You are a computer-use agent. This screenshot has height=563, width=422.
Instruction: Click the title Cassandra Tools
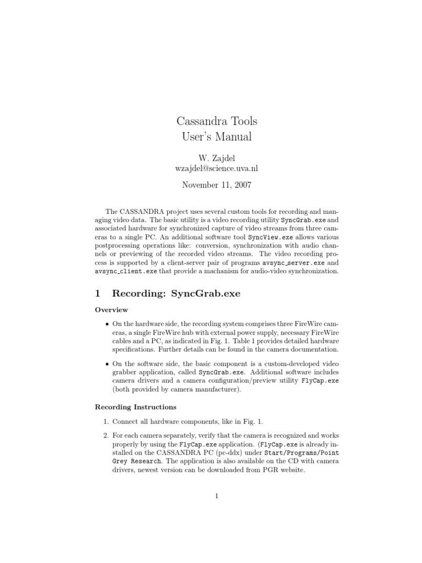[x=216, y=120]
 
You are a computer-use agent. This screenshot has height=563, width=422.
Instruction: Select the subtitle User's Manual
[x=216, y=137]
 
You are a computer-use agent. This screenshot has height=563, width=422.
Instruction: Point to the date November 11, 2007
[x=216, y=185]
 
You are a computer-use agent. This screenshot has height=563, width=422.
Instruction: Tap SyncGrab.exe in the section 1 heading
[x=206, y=294]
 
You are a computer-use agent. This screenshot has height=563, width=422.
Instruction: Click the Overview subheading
[x=112, y=310]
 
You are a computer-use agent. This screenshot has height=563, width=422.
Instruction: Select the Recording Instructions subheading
[x=136, y=407]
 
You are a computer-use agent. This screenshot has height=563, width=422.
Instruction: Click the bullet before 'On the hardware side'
[x=106, y=324]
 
